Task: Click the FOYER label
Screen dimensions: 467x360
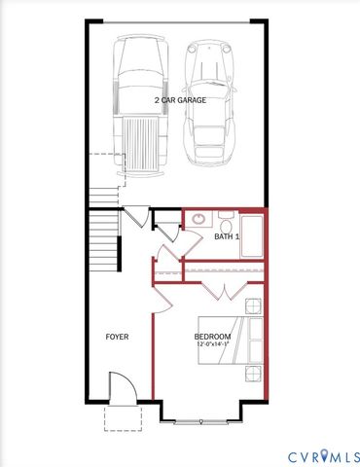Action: (117, 337)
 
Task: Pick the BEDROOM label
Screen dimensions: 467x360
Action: (212, 337)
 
